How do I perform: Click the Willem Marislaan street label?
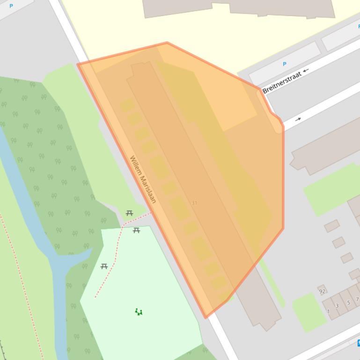tap(142, 180)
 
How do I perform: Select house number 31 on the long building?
tap(194, 203)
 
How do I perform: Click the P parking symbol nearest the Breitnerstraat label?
tap(284, 64)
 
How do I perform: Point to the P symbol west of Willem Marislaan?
tap(11, 6)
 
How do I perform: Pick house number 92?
tap(322, 291)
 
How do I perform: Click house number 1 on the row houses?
tap(328, 311)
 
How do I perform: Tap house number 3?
tap(337, 306)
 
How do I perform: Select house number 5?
tap(348, 302)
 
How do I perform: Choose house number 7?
tap(357, 299)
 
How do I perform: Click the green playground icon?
tap(139, 312)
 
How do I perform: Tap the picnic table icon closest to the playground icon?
tap(104, 266)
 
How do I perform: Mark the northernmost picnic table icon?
tap(129, 213)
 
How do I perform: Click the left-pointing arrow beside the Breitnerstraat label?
tap(306, 71)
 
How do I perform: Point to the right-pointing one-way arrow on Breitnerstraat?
tap(298, 119)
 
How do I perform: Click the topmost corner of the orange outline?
tap(167, 43)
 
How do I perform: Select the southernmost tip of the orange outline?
tap(205, 317)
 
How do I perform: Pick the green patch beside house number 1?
tap(309, 312)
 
